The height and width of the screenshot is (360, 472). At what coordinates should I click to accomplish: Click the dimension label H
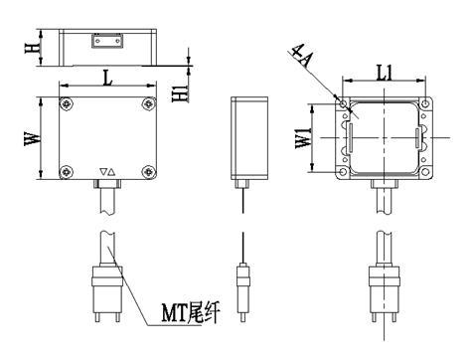click(x=32, y=48)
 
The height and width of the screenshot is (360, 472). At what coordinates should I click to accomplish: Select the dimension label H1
click(x=181, y=91)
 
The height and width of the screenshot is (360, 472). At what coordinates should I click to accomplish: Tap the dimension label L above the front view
click(x=107, y=78)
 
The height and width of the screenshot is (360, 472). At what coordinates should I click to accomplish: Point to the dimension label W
click(x=33, y=138)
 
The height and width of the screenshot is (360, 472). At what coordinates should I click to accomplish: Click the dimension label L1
click(x=385, y=73)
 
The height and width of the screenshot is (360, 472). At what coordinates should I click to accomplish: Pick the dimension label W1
click(x=303, y=138)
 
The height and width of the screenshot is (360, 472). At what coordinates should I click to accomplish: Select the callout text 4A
click(x=301, y=57)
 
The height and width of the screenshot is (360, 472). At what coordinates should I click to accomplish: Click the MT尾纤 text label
click(x=191, y=312)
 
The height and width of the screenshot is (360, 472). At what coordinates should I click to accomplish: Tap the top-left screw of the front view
click(x=67, y=104)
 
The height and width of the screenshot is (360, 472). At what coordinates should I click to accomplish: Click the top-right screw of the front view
click(x=149, y=104)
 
